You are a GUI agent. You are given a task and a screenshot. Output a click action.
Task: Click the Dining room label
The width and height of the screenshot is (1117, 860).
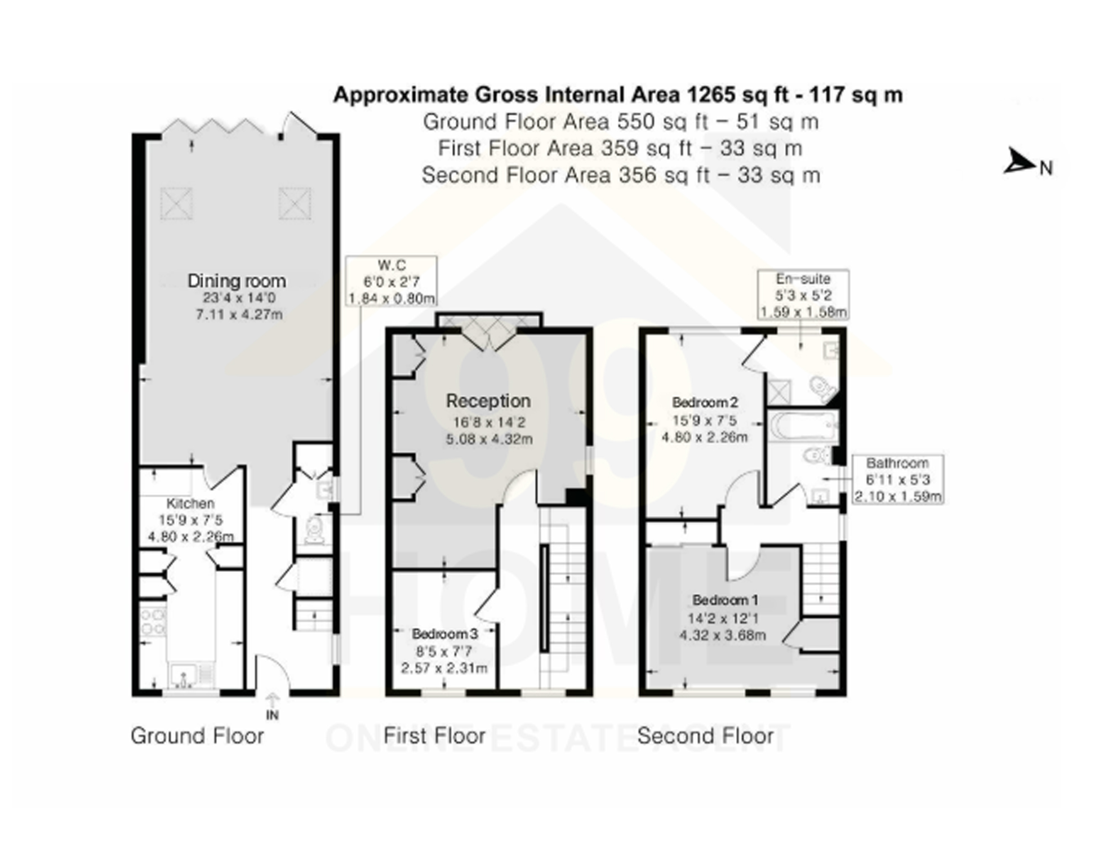tap(236, 280)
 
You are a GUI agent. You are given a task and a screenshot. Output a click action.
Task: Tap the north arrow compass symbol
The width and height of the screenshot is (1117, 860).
tap(1019, 163)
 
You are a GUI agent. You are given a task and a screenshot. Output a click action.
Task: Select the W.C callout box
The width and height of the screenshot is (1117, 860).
tap(391, 282)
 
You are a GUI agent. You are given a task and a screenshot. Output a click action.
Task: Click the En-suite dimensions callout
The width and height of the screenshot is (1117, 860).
tap(803, 295)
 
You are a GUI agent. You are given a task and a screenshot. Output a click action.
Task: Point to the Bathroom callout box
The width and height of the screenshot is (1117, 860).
tap(897, 480)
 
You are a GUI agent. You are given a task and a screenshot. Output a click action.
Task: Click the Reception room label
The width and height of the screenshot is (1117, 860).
tap(488, 401)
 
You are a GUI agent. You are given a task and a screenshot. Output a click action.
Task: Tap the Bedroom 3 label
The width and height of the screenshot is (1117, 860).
tap(444, 634)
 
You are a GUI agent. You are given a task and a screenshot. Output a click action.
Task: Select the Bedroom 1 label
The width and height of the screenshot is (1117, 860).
tap(725, 600)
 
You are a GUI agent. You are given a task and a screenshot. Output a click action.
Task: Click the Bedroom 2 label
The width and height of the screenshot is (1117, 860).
tap(705, 403)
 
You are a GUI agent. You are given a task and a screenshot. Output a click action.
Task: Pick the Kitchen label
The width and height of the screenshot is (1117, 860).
tap(190, 503)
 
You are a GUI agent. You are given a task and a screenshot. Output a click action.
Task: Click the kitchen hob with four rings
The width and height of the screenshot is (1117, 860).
tap(152, 622)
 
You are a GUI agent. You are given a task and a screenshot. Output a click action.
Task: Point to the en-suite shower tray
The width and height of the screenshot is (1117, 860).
tap(779, 393)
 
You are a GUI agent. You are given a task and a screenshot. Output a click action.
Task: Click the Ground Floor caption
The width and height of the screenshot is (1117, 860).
tap(197, 736)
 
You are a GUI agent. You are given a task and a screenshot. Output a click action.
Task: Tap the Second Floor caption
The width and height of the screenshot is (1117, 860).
tap(705, 736)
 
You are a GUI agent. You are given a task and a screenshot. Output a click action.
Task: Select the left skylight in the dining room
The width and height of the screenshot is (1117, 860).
tap(176, 203)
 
